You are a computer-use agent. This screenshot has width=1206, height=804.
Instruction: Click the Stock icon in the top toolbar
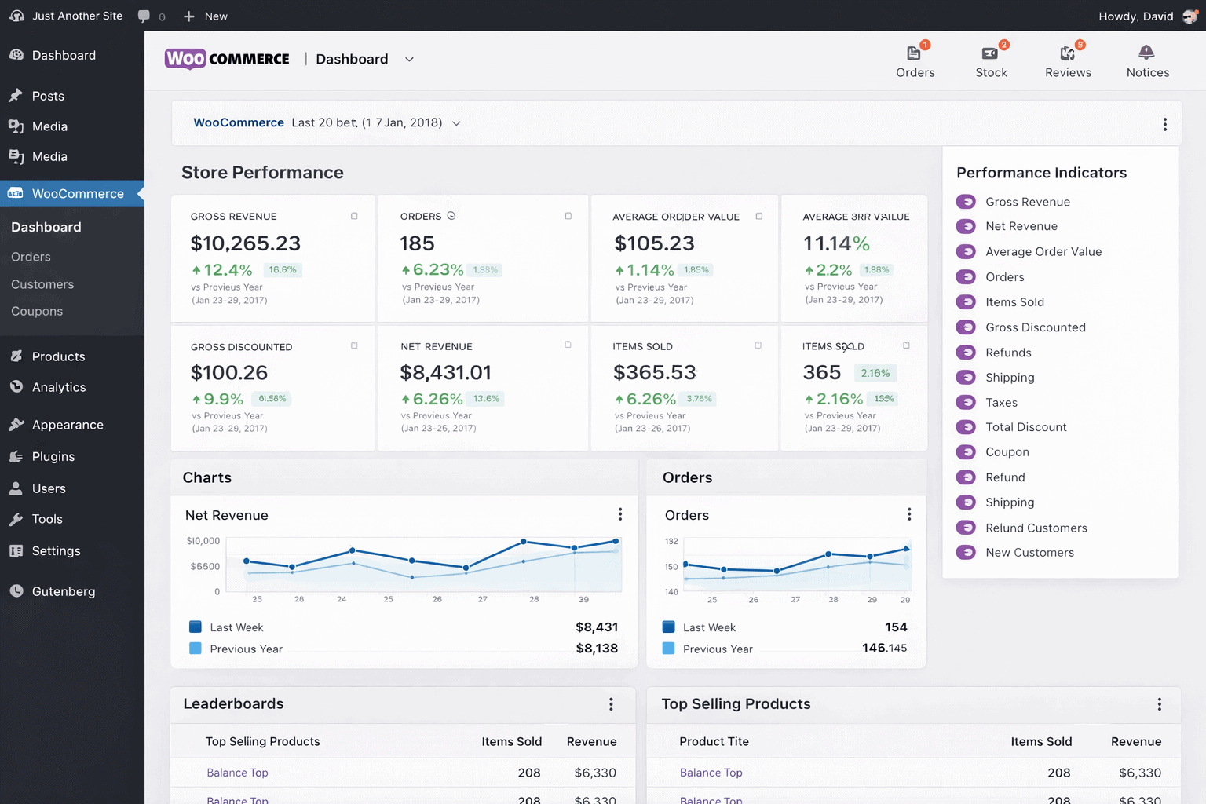[991, 54]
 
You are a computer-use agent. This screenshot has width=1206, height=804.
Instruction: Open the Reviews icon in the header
[1068, 54]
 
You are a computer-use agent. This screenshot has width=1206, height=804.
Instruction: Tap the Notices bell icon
[1146, 53]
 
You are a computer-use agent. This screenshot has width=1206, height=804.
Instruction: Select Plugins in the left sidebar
[53, 456]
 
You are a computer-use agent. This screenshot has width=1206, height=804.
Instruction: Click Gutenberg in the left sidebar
[63, 591]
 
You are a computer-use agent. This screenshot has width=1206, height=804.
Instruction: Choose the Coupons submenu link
[37, 311]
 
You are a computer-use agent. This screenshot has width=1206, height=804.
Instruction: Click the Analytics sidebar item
[58, 387]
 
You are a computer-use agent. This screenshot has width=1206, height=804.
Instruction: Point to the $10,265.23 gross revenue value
[246, 243]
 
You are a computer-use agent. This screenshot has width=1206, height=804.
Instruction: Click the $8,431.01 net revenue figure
[445, 372]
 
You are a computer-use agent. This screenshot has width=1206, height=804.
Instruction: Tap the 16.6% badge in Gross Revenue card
[283, 270]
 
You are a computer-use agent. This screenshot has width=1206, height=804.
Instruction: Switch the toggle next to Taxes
[966, 402]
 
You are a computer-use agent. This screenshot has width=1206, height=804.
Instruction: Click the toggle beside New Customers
[966, 553]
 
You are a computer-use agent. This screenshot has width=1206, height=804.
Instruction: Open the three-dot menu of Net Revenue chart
[620, 514]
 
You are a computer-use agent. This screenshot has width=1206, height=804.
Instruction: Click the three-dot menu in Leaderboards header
[611, 704]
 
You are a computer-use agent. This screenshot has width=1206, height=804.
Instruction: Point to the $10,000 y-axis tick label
[203, 541]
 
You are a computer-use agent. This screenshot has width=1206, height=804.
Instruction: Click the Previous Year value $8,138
[597, 649]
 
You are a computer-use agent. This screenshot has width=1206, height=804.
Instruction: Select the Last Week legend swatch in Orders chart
[669, 627]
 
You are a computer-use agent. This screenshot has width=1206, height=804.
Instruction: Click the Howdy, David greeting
[1135, 16]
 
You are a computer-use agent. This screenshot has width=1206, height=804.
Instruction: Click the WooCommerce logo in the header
[227, 59]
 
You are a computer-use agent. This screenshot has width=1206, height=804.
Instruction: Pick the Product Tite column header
[714, 741]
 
